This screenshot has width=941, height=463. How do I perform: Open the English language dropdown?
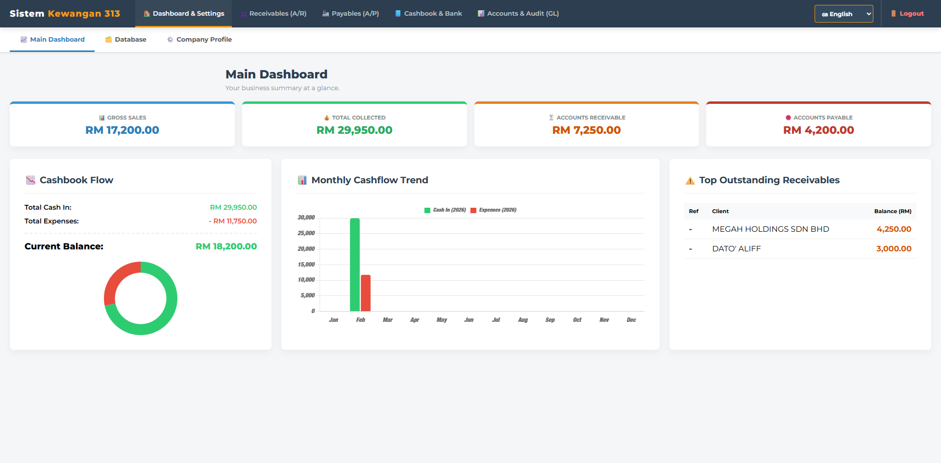coord(843,14)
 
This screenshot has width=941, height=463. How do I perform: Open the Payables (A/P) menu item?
coord(350,14)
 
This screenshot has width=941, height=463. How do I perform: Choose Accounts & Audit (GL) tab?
coord(518,14)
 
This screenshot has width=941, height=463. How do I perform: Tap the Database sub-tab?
coord(126,40)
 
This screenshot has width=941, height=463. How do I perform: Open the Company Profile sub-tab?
coord(199,40)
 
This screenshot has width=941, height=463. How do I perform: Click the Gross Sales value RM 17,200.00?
coord(122,130)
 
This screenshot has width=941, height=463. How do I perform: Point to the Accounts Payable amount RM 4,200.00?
coord(818,130)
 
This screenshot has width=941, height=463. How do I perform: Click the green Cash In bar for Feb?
coord(355,265)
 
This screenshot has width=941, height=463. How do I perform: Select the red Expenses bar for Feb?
coord(366,293)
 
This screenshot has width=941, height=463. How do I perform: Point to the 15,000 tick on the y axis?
coord(306,265)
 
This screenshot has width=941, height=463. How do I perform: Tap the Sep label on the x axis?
coord(550,320)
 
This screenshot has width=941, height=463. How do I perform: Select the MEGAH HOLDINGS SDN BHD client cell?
coord(770,229)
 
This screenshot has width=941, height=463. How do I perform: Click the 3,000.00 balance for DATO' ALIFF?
coord(893,249)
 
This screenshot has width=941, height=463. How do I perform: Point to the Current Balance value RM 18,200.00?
coord(226,246)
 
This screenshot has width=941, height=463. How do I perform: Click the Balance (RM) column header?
coord(892,212)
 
